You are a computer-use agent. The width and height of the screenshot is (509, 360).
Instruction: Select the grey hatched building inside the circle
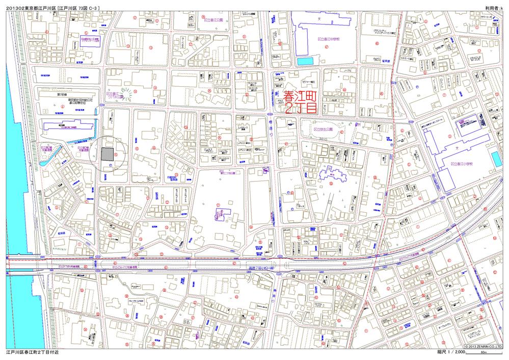point(108,154)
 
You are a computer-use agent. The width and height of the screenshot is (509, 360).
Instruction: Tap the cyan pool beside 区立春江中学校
point(304,61)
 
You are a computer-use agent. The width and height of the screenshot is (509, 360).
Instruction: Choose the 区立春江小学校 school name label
point(462,164)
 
